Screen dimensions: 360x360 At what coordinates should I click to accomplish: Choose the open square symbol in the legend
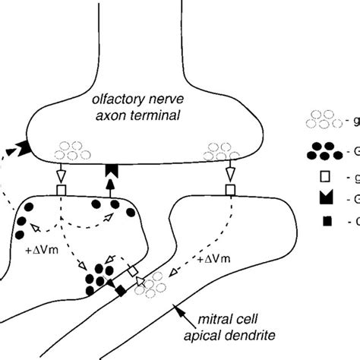click(312, 179)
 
